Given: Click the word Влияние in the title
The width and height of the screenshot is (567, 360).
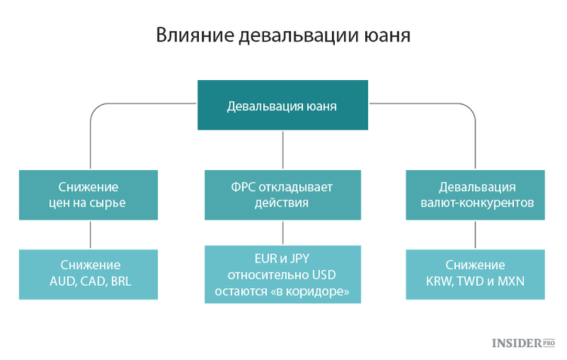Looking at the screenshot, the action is click(x=195, y=36).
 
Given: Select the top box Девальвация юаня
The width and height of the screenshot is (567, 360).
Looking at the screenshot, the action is click(x=283, y=105).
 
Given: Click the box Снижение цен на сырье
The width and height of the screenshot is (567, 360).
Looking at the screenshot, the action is click(x=88, y=195).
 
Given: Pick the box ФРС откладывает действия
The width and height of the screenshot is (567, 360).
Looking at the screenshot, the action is click(x=283, y=195).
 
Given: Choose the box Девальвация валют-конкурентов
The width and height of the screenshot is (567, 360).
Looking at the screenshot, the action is click(x=476, y=195).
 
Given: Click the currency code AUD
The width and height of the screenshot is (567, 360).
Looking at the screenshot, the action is click(x=63, y=281).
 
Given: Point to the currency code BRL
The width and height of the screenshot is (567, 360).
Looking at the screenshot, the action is click(x=121, y=281).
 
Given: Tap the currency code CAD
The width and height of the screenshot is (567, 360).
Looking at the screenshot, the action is click(x=93, y=281).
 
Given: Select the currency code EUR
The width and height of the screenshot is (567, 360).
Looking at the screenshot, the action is click(x=265, y=259).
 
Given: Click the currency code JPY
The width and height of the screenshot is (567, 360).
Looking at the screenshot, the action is click(x=299, y=259).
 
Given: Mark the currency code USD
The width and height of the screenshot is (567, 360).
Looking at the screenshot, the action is click(x=324, y=275).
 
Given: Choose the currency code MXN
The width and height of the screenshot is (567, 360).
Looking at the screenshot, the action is click(x=511, y=281).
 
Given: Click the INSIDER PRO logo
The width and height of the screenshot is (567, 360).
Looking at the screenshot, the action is click(x=523, y=343).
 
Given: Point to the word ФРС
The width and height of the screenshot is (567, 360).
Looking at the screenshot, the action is click(x=243, y=187).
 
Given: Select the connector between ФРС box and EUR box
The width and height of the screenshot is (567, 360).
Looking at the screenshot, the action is click(x=283, y=233).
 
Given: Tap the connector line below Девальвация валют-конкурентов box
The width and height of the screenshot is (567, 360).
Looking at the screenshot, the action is click(x=476, y=234).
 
